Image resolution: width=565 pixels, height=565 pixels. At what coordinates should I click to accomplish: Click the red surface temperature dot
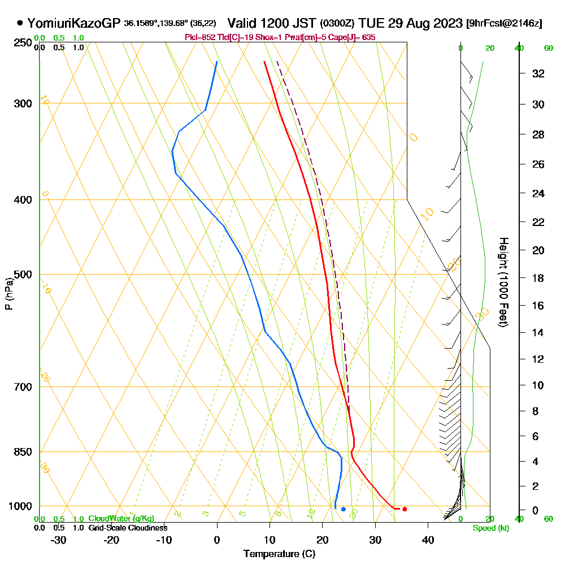tap(405, 509)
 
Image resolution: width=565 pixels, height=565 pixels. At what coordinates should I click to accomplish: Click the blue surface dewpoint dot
tap(343, 509)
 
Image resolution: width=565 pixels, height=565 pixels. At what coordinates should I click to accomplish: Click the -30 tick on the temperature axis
tap(59, 540)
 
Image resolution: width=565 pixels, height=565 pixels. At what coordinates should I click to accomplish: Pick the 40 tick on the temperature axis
tap(428, 540)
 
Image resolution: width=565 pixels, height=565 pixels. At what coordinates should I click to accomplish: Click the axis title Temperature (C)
tap(279, 554)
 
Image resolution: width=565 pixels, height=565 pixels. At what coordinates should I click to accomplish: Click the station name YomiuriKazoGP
tap(74, 23)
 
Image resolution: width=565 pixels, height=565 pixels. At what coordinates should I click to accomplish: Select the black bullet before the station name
tap(20, 23)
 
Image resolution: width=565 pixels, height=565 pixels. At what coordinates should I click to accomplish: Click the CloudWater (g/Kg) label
tap(121, 519)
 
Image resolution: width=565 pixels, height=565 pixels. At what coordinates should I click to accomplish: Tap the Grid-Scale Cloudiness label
tap(128, 528)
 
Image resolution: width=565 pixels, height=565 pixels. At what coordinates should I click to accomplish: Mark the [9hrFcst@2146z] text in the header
tap(505, 23)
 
